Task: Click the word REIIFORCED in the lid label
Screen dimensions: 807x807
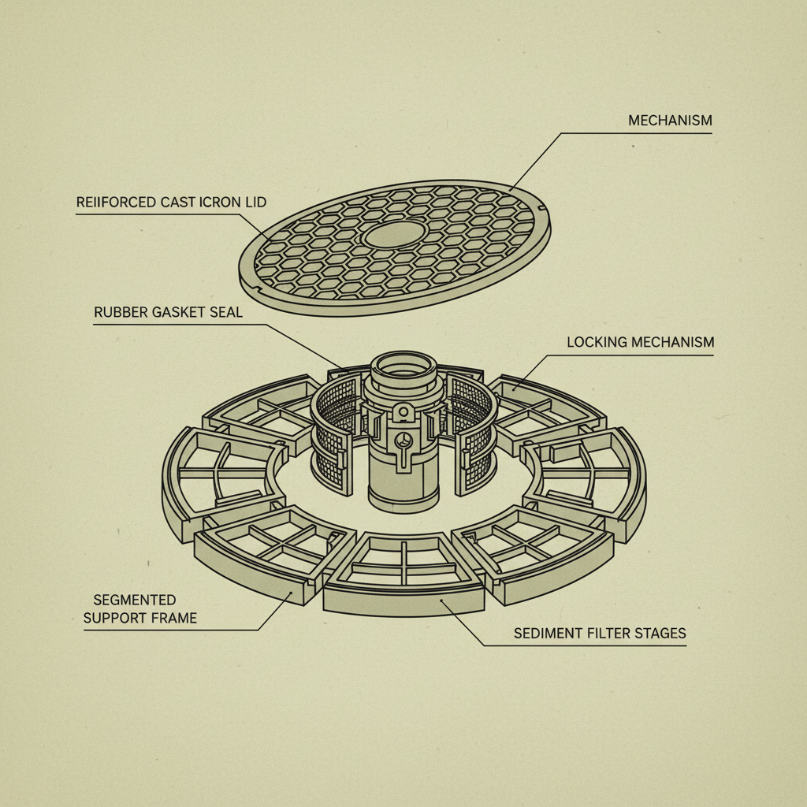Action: tap(116, 203)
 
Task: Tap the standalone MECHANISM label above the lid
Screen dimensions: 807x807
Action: tap(670, 121)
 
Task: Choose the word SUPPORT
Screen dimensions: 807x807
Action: tap(118, 618)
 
